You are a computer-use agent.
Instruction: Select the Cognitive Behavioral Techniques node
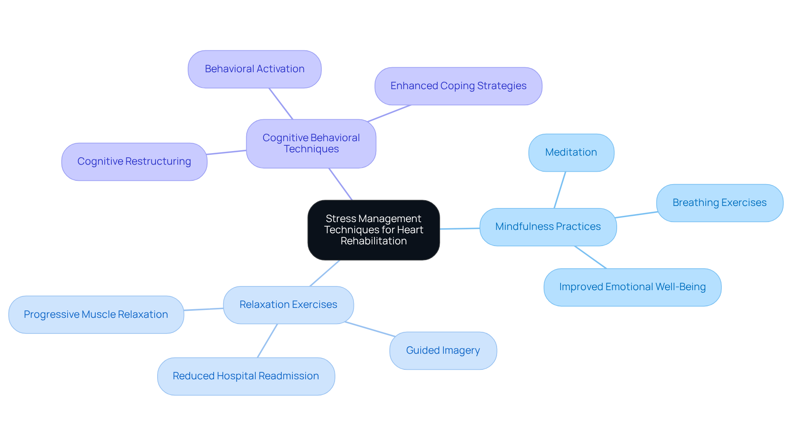311,144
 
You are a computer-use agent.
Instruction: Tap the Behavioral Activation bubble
255,69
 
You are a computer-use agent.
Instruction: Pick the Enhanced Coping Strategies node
458,86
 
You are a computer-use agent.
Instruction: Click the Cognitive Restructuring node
134,161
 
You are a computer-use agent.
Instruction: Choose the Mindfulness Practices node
548,227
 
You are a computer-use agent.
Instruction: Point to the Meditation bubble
571,152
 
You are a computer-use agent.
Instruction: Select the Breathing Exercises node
719,203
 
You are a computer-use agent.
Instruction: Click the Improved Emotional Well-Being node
632,287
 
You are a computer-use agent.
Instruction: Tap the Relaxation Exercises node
288,305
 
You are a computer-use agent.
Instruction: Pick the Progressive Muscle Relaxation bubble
96,315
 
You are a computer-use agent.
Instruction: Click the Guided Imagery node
443,350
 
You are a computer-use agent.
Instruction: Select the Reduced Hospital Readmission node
246,376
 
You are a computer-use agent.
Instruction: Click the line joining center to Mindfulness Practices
460,228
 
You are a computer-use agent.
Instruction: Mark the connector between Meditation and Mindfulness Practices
560,190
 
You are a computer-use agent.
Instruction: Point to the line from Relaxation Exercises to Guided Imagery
370,329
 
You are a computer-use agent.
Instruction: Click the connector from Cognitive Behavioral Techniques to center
340,184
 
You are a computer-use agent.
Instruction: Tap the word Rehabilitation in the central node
373,241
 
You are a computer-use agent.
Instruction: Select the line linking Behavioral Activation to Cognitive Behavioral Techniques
281,104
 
